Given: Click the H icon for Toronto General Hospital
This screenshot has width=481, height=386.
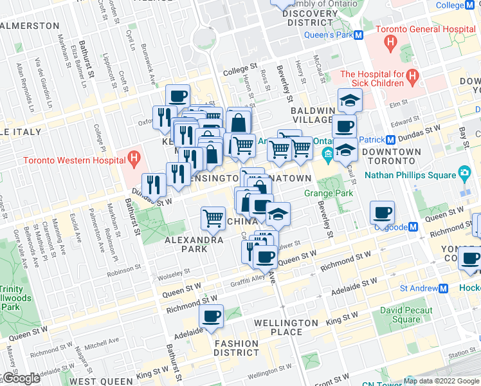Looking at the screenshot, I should (390, 43).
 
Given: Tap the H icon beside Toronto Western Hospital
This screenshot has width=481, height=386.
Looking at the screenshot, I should (134, 158).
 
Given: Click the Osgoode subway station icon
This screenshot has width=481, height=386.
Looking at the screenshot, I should (414, 226).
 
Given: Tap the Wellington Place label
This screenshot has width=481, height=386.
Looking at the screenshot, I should (287, 327).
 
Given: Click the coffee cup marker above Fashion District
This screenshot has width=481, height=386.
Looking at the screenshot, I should (211, 316).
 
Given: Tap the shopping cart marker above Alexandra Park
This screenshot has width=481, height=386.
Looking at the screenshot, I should (213, 217).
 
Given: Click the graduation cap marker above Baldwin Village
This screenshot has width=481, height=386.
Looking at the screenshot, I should (350, 100).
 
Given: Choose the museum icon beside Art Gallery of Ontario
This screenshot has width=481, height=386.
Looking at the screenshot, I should (327, 153).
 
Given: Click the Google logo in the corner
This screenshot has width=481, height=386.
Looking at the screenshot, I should (21, 378).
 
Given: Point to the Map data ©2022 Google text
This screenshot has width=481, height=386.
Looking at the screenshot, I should (441, 381).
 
